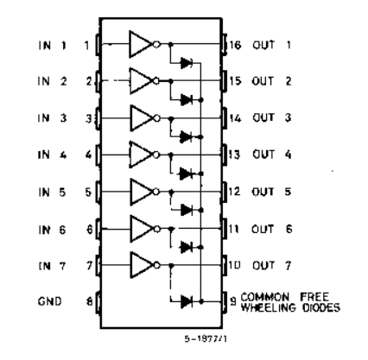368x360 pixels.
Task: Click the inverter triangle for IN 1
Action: [x=140, y=44]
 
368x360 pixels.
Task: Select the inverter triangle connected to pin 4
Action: [x=141, y=155]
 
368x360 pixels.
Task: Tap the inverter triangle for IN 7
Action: [x=142, y=265]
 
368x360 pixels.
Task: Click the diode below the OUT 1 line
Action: [x=187, y=63]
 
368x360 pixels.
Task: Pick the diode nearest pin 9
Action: [x=187, y=301]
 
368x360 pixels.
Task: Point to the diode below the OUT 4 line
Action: [x=186, y=174]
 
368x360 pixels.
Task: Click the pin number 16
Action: [x=235, y=45]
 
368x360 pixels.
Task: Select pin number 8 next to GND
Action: [x=90, y=301]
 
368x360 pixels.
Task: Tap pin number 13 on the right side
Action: [x=235, y=155]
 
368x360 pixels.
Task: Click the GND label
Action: [x=49, y=301]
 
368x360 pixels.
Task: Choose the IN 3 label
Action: [x=52, y=118]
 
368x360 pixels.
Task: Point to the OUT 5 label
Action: [x=271, y=192]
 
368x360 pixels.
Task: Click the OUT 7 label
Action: [x=272, y=265]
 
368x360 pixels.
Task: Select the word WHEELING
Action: [x=269, y=307]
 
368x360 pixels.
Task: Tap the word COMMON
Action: [x=265, y=297]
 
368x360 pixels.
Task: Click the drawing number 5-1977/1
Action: [x=206, y=338]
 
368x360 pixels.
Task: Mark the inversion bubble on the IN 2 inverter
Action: [x=156, y=81]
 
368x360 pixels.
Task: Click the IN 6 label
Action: [x=52, y=230]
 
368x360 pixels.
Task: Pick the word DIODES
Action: [x=321, y=307]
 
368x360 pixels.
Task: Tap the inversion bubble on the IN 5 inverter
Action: [x=156, y=192]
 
